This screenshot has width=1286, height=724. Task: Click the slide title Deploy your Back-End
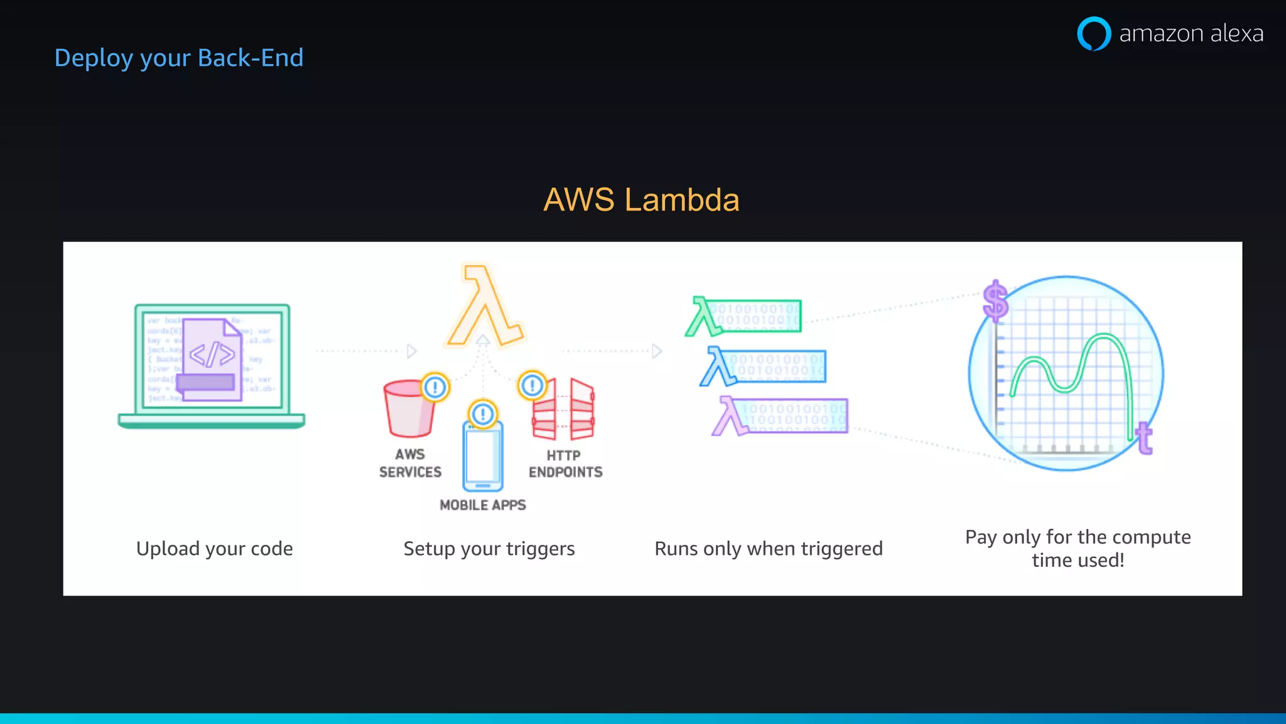[x=179, y=58]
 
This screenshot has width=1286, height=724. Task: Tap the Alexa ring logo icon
[x=1093, y=33]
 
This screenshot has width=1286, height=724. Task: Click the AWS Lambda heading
[x=641, y=200]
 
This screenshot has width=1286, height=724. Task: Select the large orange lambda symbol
[x=484, y=306]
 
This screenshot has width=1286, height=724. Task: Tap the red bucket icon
[x=409, y=409]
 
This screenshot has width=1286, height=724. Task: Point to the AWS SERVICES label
[x=410, y=463]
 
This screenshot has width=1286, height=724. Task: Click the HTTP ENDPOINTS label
[x=565, y=464]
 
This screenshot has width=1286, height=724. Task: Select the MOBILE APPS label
[x=482, y=505]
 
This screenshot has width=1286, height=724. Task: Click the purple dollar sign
[x=995, y=300]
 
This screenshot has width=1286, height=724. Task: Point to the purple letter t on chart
[x=1144, y=438]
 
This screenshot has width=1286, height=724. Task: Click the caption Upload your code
[x=215, y=549]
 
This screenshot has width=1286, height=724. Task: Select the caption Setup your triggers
[x=489, y=549]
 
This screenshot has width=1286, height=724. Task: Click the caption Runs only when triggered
[x=769, y=549]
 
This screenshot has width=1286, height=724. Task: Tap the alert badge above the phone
[x=482, y=414]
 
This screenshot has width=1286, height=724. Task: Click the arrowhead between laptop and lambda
[x=411, y=351]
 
